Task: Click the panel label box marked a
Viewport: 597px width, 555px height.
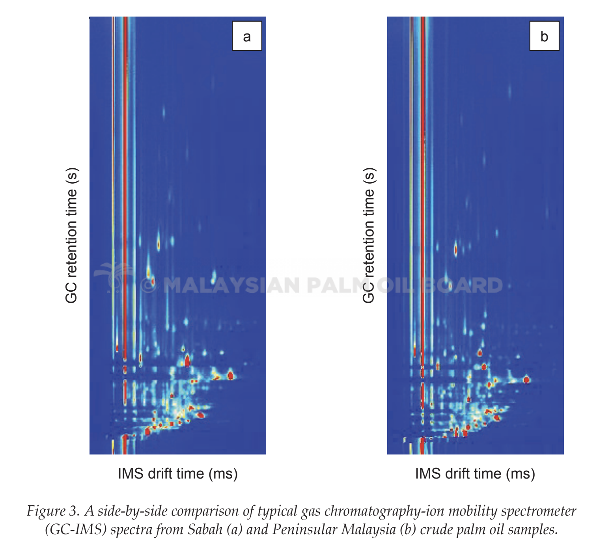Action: tap(247, 36)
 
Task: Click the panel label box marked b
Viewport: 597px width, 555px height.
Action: tap(544, 36)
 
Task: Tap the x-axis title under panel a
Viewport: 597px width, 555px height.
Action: tap(178, 473)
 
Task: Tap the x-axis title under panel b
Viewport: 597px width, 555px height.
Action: tap(475, 473)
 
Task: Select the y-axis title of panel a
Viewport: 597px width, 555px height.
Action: tap(71, 235)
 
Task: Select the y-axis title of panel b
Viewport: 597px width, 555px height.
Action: tap(369, 235)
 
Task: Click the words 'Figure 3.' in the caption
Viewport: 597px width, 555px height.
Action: tap(53, 511)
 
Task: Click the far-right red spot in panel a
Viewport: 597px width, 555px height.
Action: tap(230, 375)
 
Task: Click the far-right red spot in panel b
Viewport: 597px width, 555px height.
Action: tap(526, 380)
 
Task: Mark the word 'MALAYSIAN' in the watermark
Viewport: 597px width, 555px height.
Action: tap(232, 285)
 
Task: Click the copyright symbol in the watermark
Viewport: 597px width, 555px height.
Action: tap(148, 285)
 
